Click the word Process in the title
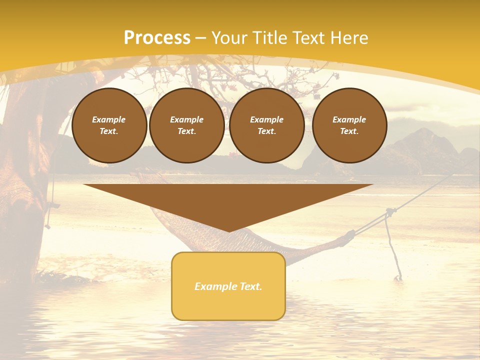pos(157,37)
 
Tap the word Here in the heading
pos(349,37)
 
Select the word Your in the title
pos(229,37)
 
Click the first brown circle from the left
pos(109,125)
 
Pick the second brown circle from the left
pos(186,125)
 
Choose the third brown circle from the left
pos(266,125)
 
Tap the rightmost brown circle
pos(349,125)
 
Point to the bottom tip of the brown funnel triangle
pos(229,231)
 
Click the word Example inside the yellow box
pos(211,286)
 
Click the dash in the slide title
pos(201,38)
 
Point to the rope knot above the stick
pos(389,213)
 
